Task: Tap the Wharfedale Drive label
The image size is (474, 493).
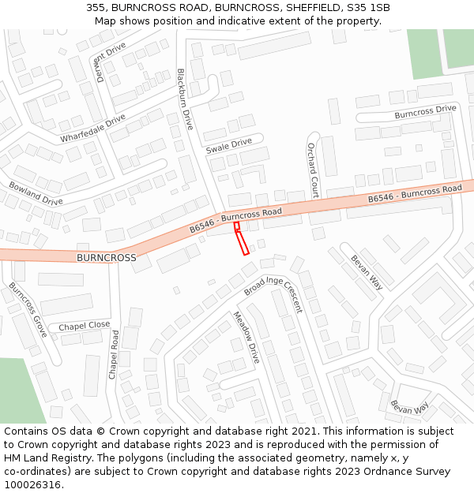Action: click(x=93, y=129)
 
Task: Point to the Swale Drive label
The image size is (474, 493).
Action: click(x=228, y=146)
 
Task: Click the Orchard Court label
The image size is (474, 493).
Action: click(x=313, y=170)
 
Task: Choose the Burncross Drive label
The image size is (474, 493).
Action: click(x=425, y=112)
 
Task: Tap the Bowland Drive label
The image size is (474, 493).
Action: click(x=36, y=192)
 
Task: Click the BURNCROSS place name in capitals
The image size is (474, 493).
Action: click(x=106, y=258)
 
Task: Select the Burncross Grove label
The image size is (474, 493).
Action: click(x=28, y=309)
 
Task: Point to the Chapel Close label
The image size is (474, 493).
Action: click(x=84, y=326)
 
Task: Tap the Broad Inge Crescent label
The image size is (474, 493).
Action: click(x=273, y=293)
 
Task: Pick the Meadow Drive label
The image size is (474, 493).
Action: click(x=246, y=337)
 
